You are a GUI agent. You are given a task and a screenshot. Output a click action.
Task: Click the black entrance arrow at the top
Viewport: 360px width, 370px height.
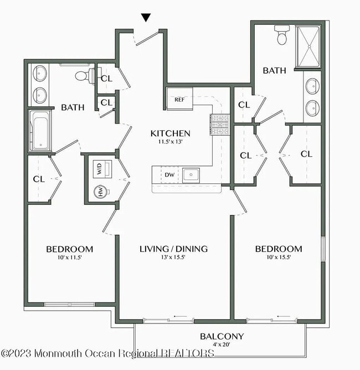[x=146, y=18]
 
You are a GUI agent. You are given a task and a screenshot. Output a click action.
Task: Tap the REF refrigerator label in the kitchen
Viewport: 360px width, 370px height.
[x=179, y=100]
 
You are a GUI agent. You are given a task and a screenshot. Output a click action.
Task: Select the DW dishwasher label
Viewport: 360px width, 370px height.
[x=169, y=175]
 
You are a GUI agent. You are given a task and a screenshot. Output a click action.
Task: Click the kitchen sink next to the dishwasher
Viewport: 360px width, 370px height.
[x=191, y=175]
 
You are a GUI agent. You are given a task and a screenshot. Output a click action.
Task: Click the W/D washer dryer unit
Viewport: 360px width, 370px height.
[x=100, y=169]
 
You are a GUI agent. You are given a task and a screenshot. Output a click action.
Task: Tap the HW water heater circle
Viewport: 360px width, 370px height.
[x=101, y=192]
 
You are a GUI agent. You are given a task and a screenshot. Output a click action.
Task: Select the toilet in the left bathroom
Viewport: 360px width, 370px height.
[x=83, y=76]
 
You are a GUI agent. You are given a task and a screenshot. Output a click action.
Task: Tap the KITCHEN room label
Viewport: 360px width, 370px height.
[x=171, y=133]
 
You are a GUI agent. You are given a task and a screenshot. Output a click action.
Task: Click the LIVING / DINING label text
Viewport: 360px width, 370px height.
[x=173, y=249]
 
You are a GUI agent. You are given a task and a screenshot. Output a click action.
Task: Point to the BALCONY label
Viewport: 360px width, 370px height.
[x=222, y=336]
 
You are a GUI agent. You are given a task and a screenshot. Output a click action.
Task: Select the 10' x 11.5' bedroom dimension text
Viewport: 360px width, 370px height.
[x=69, y=257]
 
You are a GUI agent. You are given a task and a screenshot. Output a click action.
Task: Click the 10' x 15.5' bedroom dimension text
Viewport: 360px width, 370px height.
[x=279, y=257]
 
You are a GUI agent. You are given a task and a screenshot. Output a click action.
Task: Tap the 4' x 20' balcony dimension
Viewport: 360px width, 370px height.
[x=222, y=344]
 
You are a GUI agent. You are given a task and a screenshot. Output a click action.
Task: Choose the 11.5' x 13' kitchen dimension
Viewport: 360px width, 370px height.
[x=171, y=142]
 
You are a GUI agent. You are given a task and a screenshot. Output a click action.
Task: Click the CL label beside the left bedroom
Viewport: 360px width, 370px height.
[x=39, y=179]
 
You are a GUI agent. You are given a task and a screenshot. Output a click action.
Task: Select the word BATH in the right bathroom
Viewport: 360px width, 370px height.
[x=274, y=70]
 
